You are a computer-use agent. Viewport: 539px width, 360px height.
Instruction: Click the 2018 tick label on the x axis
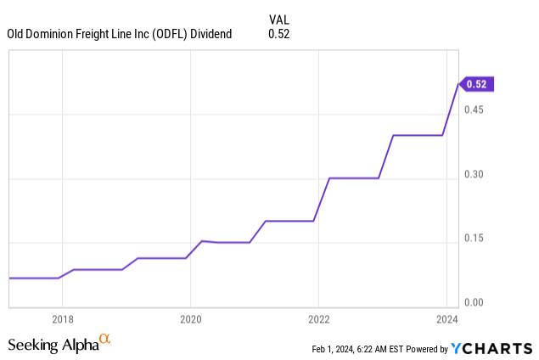coord(62,319)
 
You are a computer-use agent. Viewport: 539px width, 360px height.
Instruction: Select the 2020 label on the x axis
coord(190,319)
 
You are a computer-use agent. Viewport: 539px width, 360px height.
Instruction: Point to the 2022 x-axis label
coord(318,319)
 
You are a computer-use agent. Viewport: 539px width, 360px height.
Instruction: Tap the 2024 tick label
coord(446,319)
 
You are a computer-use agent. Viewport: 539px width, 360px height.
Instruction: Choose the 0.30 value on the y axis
coord(475,175)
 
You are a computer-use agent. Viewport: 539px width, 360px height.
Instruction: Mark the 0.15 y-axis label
coord(475,239)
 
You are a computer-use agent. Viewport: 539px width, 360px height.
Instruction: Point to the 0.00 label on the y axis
coord(475,302)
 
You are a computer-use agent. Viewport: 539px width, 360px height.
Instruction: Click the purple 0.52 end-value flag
coord(477,83)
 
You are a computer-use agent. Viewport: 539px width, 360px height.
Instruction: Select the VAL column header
coord(279,20)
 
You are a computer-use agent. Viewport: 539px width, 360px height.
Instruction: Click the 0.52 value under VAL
coord(278,34)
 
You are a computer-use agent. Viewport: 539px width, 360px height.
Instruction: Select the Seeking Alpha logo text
coord(53,345)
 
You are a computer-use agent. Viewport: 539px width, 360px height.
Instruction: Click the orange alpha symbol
coord(105,340)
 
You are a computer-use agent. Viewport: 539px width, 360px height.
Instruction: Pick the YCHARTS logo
coord(491,348)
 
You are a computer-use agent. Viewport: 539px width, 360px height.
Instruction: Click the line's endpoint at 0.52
coord(458,83)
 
